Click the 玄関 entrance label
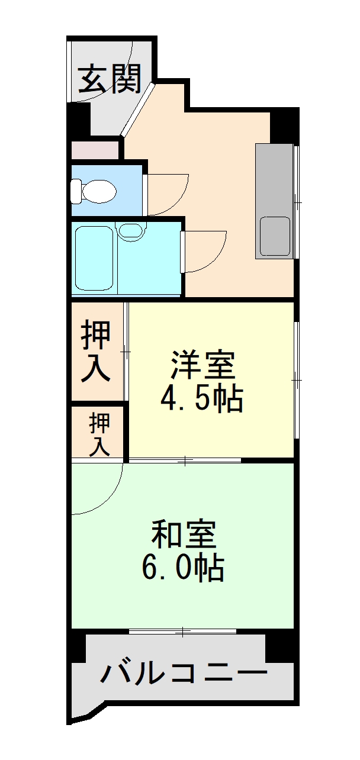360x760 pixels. click(x=111, y=78)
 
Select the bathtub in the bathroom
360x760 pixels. click(x=95, y=259)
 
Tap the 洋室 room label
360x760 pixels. click(x=203, y=365)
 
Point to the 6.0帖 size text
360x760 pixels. click(x=182, y=569)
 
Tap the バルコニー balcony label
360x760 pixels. click(x=184, y=674)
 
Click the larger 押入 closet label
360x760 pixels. click(x=96, y=350)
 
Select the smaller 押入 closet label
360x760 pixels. click(x=99, y=434)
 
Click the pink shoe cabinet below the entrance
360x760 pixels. click(x=95, y=150)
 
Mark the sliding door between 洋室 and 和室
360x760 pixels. click(x=185, y=460)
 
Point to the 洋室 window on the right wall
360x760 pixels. click(x=296, y=379)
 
